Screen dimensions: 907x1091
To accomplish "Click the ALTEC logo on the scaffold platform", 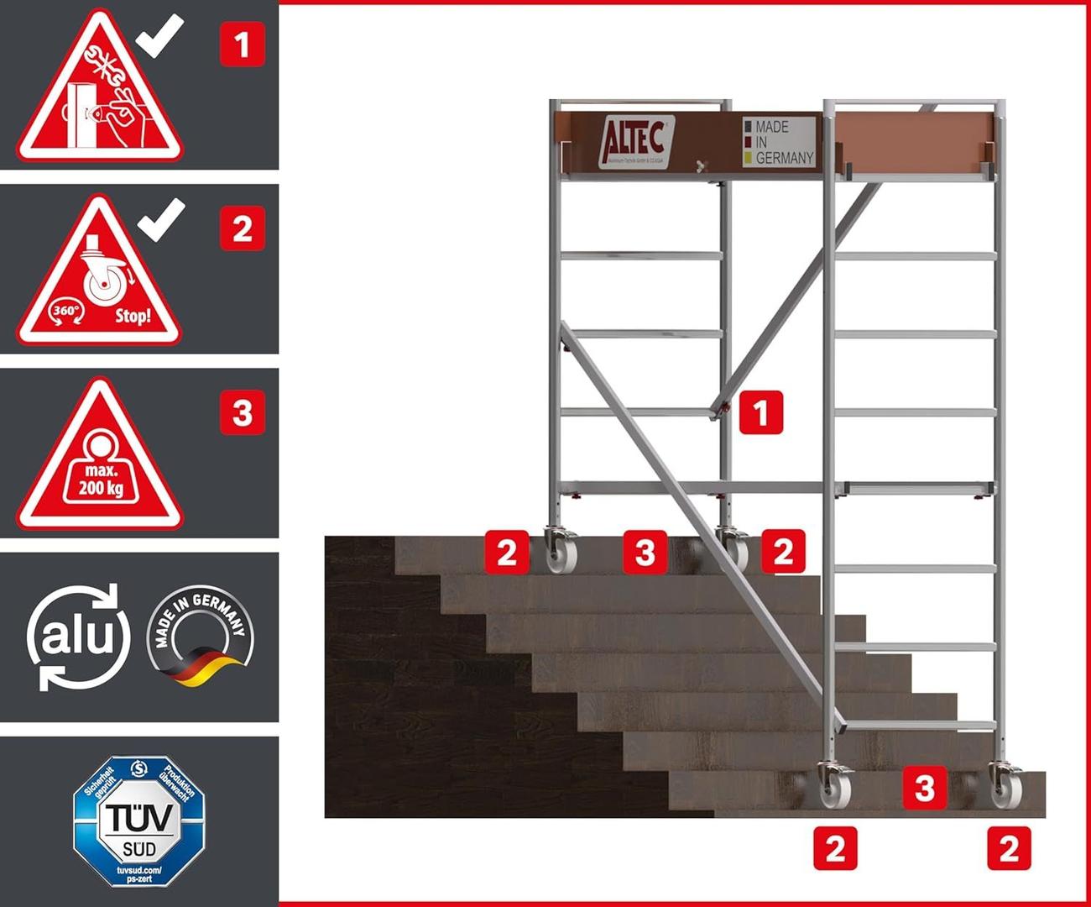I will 635,142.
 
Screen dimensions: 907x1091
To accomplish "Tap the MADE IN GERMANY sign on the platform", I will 778,141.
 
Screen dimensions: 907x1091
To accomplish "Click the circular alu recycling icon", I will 77,637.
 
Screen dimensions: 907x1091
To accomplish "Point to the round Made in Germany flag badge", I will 200,637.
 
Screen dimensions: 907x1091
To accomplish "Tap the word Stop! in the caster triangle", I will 133,317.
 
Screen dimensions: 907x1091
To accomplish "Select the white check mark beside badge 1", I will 159,34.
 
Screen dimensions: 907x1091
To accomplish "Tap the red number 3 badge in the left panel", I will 243,413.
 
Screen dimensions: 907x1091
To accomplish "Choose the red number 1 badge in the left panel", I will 243,44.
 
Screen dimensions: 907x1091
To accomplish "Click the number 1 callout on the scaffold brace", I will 761,412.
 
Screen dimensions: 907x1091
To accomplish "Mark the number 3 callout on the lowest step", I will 925,788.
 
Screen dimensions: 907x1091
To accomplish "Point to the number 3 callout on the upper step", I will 645,552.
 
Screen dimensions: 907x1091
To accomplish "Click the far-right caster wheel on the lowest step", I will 1004,788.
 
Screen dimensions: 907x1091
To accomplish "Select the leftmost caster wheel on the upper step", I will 556,553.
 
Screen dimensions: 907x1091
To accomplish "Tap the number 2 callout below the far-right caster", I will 1009,848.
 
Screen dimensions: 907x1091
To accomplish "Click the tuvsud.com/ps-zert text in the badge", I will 139,873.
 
